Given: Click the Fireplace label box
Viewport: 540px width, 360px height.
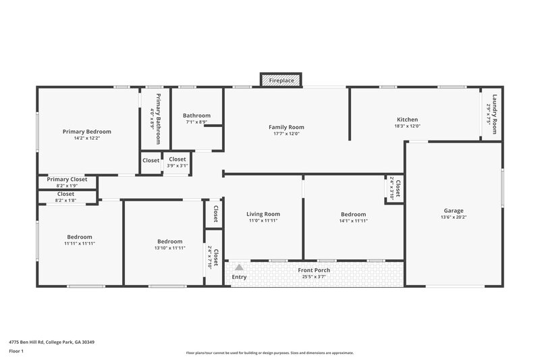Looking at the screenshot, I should [281, 80].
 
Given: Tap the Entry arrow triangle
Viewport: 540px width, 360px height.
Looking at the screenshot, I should [238, 267].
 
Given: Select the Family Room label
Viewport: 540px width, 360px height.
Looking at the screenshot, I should [286, 127].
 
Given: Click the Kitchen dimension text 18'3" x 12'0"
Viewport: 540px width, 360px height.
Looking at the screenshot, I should [407, 126].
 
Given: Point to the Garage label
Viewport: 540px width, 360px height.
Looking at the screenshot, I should [453, 210].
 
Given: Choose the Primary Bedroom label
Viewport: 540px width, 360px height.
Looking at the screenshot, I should [86, 131].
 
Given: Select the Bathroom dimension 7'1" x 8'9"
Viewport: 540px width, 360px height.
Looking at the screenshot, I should [196, 122].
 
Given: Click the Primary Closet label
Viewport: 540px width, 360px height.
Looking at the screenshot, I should [67, 180].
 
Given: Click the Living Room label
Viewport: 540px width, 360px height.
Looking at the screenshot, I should [263, 213].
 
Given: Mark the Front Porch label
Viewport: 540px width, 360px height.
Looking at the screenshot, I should [315, 270].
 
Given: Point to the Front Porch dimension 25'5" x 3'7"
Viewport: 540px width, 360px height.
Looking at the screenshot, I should [315, 276].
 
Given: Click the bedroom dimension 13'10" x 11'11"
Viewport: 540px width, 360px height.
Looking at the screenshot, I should [169, 248].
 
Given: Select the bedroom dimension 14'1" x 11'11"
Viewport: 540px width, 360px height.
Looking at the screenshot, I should [352, 221].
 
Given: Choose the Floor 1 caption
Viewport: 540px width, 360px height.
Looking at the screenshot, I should [16, 352].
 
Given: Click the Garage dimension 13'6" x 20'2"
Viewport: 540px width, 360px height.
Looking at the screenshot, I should [453, 217].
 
